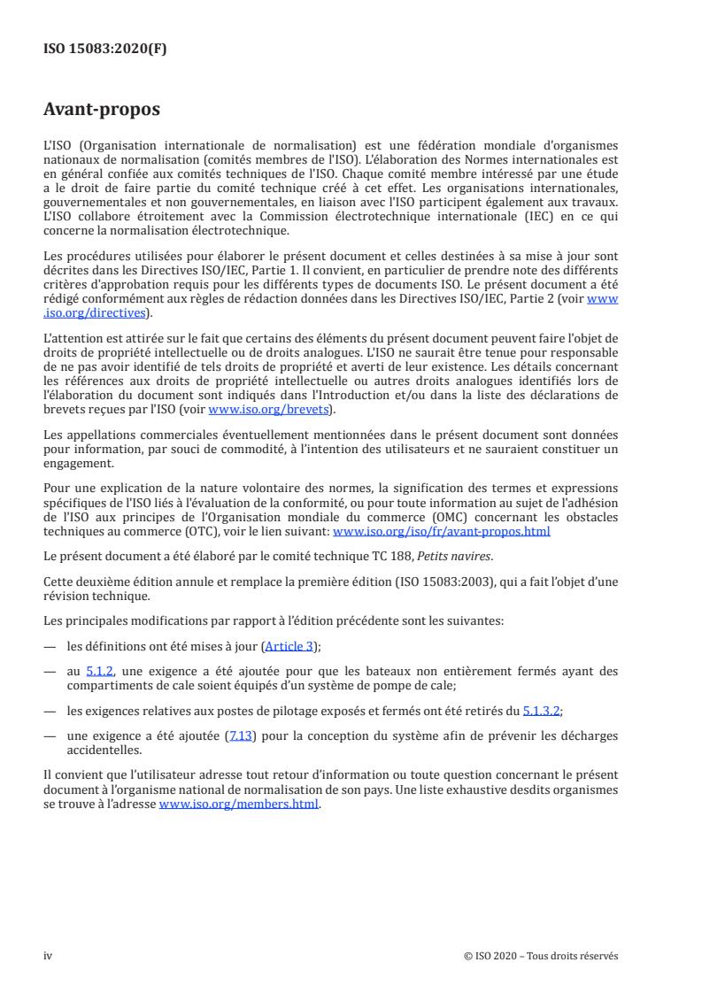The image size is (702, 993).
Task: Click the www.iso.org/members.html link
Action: (238, 805)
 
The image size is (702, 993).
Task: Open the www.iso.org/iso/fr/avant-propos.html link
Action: (441, 531)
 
